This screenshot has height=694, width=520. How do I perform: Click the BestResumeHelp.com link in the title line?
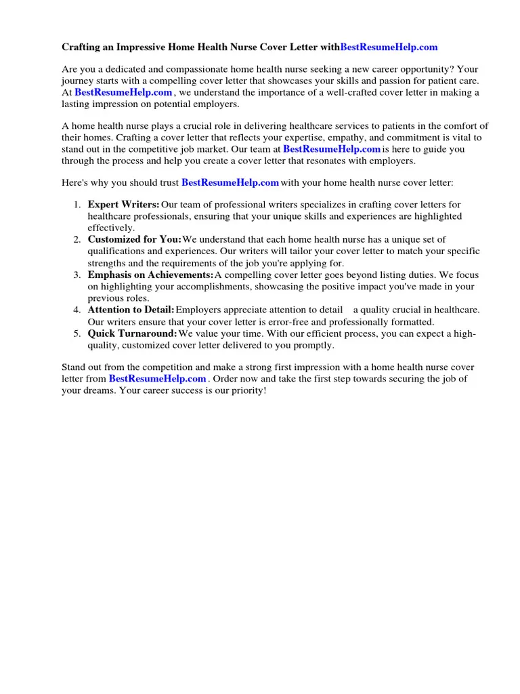[389, 47]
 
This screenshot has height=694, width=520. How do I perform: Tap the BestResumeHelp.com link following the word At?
[123, 92]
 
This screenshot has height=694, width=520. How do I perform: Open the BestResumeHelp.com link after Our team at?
[332, 149]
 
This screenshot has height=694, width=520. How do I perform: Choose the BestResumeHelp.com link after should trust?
[230, 182]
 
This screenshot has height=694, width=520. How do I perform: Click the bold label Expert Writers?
[123, 205]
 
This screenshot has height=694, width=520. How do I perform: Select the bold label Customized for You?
[134, 239]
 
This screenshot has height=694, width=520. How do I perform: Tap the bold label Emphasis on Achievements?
[150, 274]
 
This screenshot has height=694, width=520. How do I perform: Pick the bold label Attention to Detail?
[131, 310]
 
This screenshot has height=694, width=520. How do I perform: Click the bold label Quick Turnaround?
[132, 333]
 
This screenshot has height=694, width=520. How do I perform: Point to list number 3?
[77, 274]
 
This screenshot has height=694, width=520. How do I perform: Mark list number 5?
[77, 333]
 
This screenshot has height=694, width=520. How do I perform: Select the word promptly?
[313, 345]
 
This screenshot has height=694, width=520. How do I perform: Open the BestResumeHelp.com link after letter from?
[157, 379]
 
